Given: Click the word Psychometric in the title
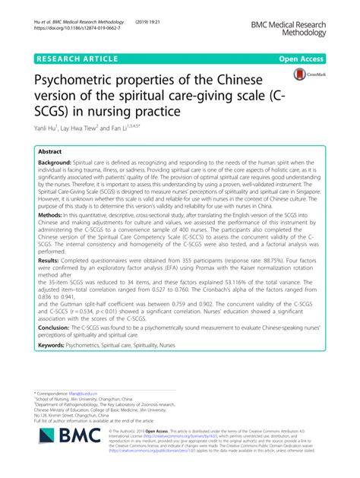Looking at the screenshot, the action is pos(84,80).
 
